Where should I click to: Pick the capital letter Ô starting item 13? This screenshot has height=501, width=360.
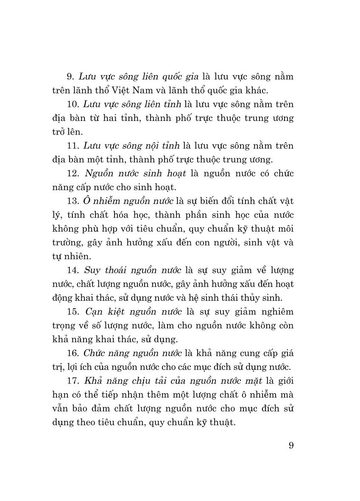click(88, 200)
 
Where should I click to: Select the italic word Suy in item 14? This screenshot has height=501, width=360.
click(92, 270)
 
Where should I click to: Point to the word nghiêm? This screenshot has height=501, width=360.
click(276, 311)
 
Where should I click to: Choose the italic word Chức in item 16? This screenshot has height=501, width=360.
click(95, 353)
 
